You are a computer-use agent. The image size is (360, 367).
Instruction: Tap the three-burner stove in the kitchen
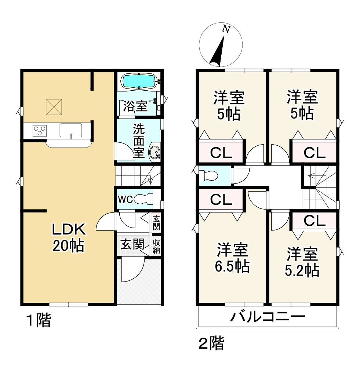(x=40, y=131)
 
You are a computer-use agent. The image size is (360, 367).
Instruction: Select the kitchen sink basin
(x=71, y=130)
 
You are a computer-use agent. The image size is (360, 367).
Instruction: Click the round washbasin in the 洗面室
(x=155, y=152)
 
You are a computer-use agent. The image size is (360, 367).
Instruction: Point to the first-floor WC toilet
(x=142, y=199)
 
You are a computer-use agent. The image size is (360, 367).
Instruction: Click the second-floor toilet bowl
(x=208, y=175)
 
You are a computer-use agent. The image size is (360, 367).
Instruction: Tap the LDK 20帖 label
(x=68, y=237)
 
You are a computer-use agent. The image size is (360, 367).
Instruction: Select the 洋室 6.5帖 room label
(x=232, y=258)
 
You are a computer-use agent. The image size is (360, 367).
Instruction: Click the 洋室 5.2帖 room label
(x=302, y=262)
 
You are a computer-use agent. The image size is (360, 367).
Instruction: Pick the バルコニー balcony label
(x=268, y=316)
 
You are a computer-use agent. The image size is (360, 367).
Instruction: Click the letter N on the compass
(x=226, y=29)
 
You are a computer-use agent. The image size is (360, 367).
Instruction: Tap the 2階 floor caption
(x=211, y=343)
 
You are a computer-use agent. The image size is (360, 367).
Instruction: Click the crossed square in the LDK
(x=54, y=107)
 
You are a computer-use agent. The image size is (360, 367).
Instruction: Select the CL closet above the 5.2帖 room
(x=314, y=221)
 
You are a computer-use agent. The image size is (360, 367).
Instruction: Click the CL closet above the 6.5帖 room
(x=221, y=200)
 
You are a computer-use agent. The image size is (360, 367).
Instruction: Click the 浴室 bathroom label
(x=135, y=106)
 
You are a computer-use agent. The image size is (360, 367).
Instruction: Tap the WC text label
(x=125, y=200)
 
